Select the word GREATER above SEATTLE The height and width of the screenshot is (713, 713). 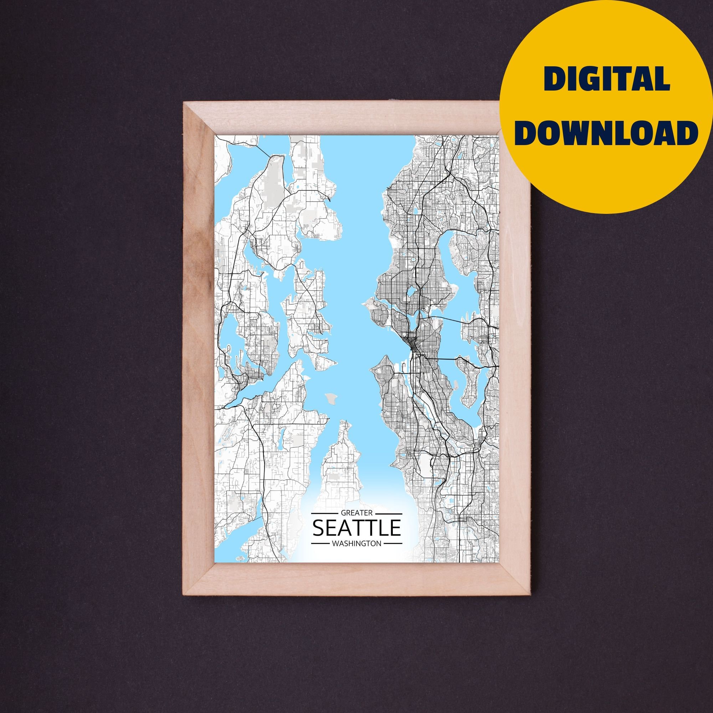point(357,513)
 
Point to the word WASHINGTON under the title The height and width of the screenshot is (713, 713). point(357,544)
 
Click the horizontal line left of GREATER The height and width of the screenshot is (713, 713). point(325,513)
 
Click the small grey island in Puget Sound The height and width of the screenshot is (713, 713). point(331,398)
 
